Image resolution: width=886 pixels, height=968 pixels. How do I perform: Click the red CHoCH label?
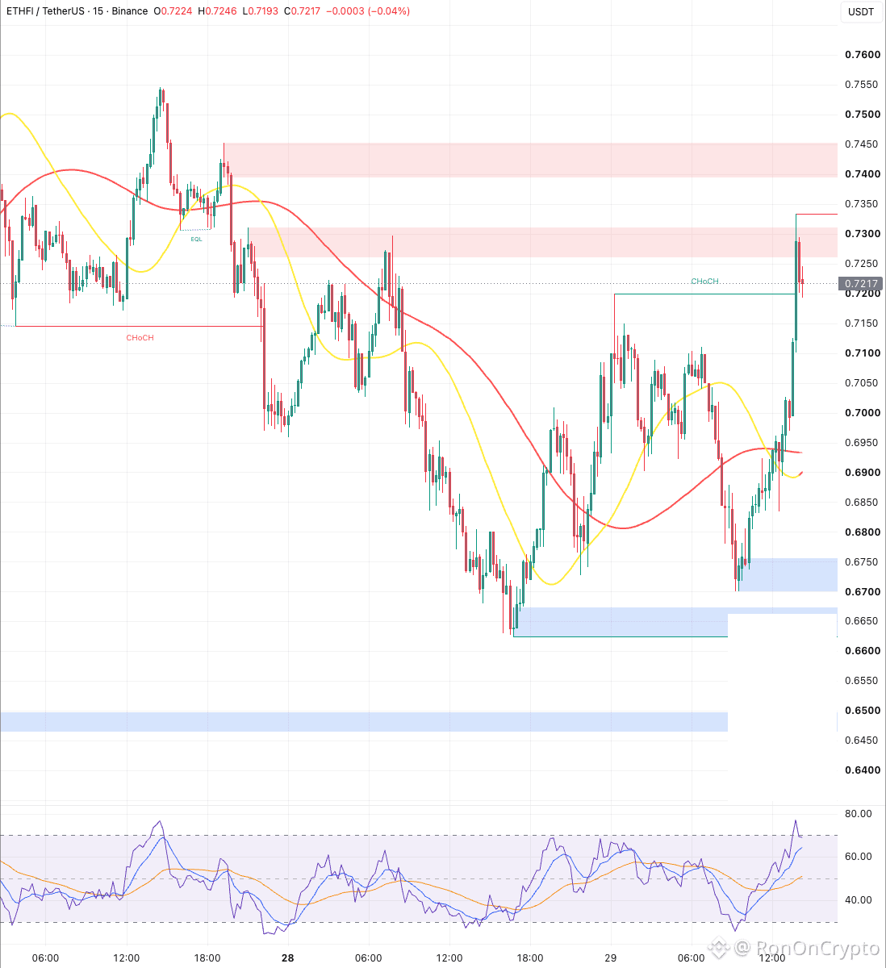(140, 338)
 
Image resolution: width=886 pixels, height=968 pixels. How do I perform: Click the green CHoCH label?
(704, 282)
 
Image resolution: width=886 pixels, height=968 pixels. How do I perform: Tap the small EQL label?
(197, 240)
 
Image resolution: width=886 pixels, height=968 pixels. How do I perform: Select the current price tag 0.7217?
(860, 284)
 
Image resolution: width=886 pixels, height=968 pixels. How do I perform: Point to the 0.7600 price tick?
(863, 55)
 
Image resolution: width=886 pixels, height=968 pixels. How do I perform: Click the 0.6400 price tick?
(863, 770)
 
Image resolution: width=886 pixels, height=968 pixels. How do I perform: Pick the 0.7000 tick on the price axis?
(863, 412)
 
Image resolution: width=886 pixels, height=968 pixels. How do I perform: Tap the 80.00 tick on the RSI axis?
(858, 814)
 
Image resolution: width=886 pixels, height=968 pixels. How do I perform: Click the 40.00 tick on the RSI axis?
(858, 900)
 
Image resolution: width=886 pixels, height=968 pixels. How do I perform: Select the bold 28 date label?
(288, 958)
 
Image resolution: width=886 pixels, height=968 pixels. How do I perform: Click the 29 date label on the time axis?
(610, 958)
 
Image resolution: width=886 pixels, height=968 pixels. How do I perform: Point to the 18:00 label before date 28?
(207, 958)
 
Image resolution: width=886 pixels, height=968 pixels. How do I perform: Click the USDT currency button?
(861, 11)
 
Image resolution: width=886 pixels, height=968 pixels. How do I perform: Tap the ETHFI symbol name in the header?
(20, 11)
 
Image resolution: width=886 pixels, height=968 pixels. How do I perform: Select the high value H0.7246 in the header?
(217, 11)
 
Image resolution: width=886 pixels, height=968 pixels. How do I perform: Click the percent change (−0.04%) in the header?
(389, 11)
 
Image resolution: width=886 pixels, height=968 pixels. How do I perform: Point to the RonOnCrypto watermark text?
(817, 948)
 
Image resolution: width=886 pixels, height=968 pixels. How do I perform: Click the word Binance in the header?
(130, 11)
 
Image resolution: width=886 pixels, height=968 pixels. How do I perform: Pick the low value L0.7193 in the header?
(261, 11)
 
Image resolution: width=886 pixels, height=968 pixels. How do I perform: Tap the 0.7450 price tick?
(861, 144)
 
